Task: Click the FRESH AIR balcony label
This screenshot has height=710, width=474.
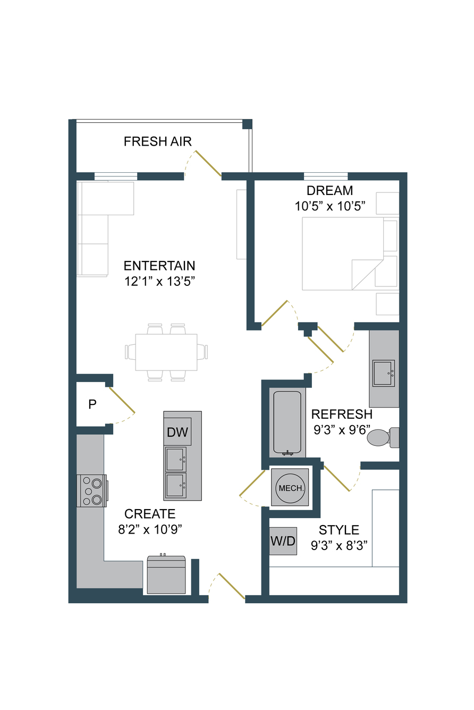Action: tap(157, 141)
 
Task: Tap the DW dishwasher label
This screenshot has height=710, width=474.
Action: tap(177, 432)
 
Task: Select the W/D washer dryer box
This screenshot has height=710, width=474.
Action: tap(283, 541)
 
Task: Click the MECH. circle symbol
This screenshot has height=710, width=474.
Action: tap(291, 488)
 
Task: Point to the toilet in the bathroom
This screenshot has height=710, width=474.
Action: tap(383, 437)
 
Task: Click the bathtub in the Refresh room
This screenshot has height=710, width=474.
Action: tap(287, 423)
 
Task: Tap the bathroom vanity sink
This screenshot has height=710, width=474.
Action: tap(383, 373)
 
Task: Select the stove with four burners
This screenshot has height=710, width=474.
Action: tap(92, 491)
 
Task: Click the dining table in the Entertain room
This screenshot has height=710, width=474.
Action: tap(166, 352)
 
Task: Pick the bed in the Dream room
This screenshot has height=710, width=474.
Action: tap(343, 253)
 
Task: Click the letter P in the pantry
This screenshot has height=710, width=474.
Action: tap(92, 404)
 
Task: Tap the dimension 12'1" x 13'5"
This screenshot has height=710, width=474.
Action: tap(159, 281)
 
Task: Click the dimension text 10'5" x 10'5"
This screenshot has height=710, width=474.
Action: tap(330, 206)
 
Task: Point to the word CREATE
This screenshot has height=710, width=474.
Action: tap(150, 514)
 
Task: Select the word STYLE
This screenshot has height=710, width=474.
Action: tap(338, 530)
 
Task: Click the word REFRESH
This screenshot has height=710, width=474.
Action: tap(342, 415)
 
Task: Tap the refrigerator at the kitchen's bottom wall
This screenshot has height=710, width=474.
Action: tap(166, 574)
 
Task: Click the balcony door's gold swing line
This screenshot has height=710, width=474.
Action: tap(208, 163)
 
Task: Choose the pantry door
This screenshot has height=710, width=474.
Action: tap(122, 400)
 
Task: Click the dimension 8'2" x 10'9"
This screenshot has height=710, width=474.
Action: tap(150, 529)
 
